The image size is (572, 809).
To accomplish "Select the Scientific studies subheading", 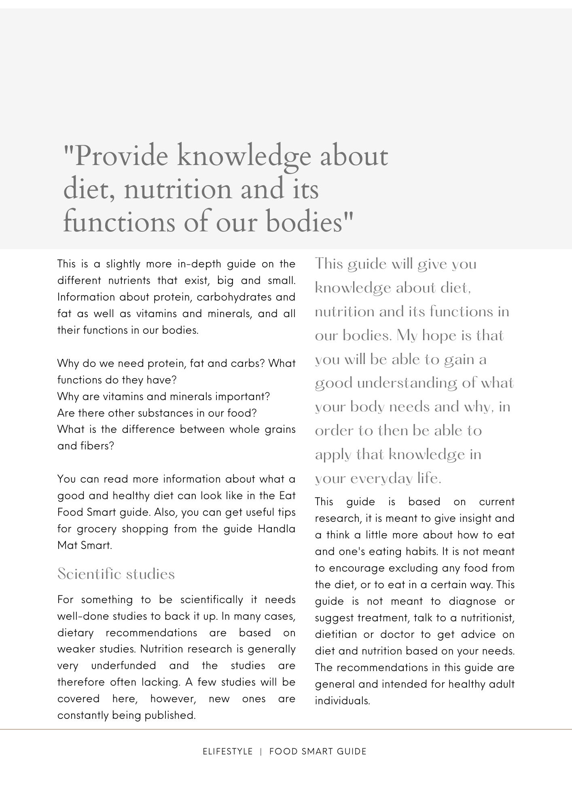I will pos(116,574).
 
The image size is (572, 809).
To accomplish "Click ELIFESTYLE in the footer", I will pos(228,752).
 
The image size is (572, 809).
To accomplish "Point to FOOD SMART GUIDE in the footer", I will pos(318,752).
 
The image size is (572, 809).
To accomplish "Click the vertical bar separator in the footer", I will pos(261,752).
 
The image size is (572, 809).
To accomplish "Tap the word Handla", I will pos(277,529).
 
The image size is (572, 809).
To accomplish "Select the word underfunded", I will pos(123,665).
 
